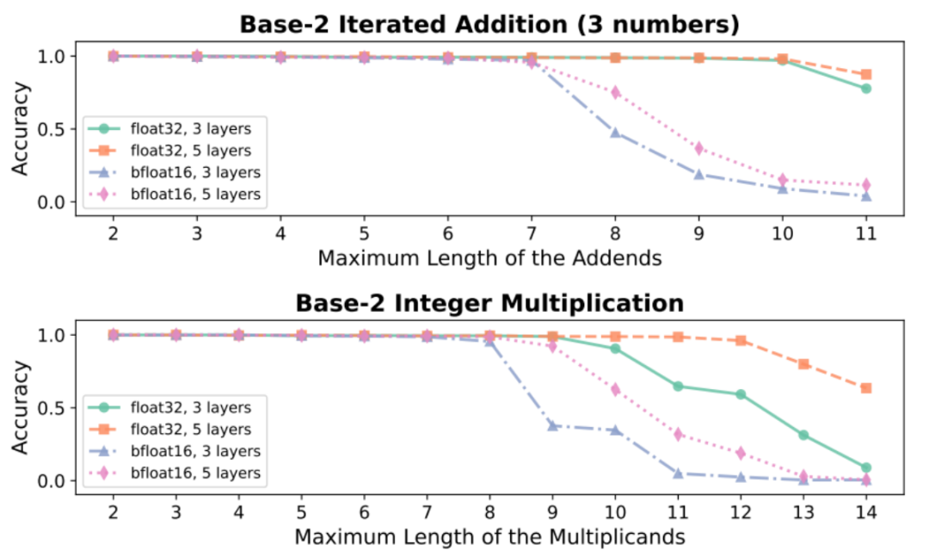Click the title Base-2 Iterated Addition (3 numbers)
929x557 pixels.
[489, 23]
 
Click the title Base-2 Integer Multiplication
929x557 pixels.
[489, 302]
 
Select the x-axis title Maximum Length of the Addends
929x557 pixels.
[489, 257]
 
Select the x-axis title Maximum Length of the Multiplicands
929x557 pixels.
[489, 536]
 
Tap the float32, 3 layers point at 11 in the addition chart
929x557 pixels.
[865, 89]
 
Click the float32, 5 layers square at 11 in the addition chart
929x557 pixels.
[865, 75]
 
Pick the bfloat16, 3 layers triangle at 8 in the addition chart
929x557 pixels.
[615, 133]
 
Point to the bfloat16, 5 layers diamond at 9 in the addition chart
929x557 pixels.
[698, 148]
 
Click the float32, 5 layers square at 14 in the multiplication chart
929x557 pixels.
[865, 388]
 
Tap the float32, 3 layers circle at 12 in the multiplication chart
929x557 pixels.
[740, 394]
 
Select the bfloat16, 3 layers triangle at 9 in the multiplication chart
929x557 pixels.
[552, 425]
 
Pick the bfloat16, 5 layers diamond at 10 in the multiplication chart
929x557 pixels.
[615, 389]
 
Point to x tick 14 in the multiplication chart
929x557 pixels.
[865, 512]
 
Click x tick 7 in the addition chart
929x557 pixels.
[532, 233]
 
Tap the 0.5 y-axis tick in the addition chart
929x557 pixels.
[54, 129]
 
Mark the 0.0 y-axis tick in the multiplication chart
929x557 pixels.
[54, 480]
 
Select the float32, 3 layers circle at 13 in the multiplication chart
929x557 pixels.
[803, 435]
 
